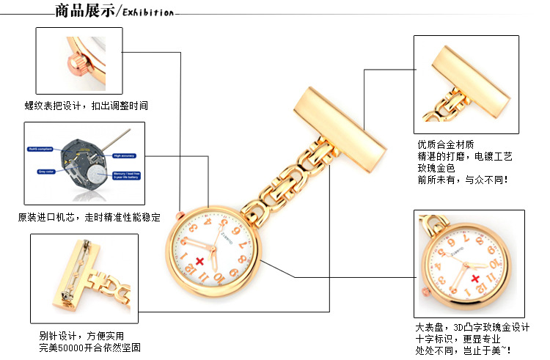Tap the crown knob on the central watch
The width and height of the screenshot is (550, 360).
click(179, 215)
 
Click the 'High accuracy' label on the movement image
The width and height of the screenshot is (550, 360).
click(124, 156)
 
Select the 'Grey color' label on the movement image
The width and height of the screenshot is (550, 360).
click(45, 171)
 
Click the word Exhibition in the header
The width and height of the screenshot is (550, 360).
click(147, 12)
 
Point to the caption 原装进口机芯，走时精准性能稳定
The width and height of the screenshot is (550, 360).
click(89, 218)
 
